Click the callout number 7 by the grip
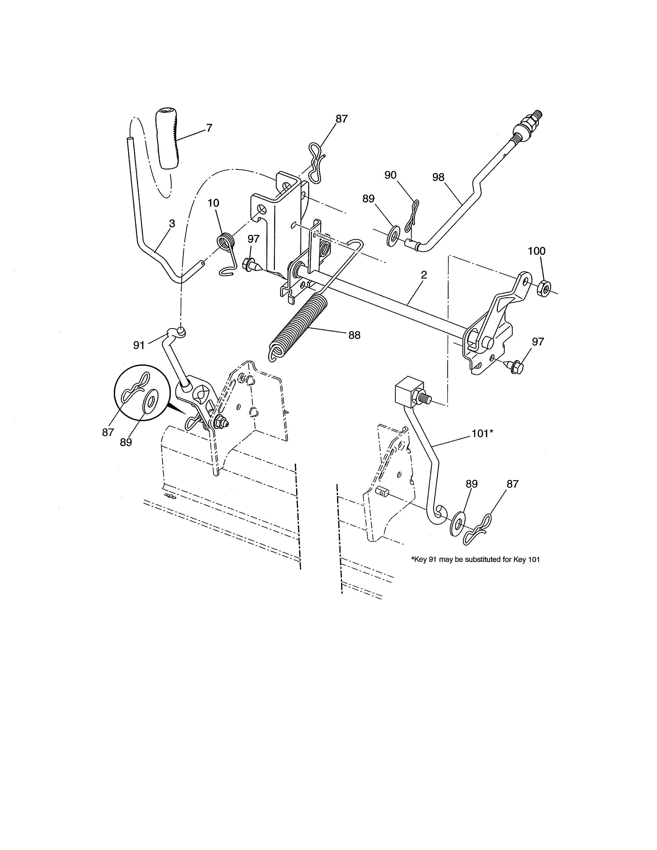(x=209, y=128)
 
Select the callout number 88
(x=354, y=335)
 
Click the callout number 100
(x=537, y=251)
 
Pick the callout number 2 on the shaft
(x=424, y=275)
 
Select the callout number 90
(x=390, y=175)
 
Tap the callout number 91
(x=139, y=345)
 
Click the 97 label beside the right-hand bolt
(x=538, y=342)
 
